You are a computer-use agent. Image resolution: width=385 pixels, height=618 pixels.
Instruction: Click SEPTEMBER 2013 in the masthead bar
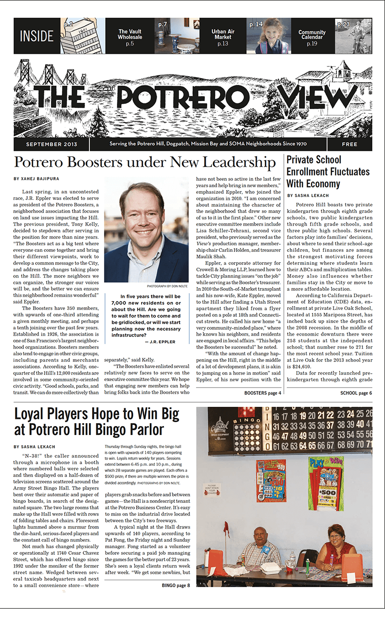click(x=51, y=144)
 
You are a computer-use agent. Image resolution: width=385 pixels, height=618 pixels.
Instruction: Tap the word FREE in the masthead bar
click(x=349, y=144)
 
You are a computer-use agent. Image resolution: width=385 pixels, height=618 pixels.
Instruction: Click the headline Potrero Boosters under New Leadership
click(x=145, y=162)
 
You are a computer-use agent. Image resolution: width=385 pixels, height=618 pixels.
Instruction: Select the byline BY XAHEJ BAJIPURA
click(x=36, y=179)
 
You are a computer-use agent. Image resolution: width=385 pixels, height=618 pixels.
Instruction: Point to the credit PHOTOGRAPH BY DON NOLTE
click(x=167, y=286)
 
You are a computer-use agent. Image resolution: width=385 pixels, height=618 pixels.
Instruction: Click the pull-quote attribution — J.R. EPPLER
click(x=160, y=342)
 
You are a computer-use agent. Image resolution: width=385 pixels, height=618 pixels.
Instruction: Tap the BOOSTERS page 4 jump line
click(x=263, y=393)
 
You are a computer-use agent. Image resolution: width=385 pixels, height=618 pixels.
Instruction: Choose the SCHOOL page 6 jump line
click(x=356, y=393)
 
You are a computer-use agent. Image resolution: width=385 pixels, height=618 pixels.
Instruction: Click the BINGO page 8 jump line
click(x=176, y=585)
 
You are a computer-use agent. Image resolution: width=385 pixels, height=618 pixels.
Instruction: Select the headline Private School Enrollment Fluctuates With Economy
click(x=328, y=171)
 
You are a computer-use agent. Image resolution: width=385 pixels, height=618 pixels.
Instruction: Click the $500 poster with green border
click(x=326, y=483)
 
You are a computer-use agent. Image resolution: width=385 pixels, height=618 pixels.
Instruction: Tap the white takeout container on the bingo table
click(x=272, y=567)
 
